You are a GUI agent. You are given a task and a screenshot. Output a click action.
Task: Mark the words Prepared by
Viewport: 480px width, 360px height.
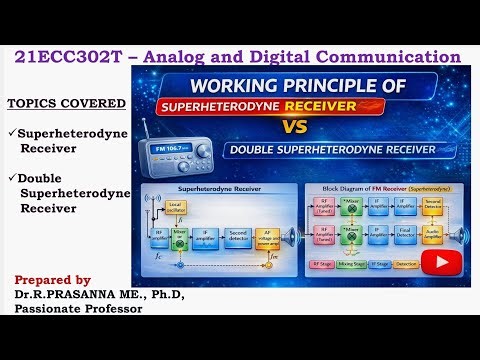(52, 280)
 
